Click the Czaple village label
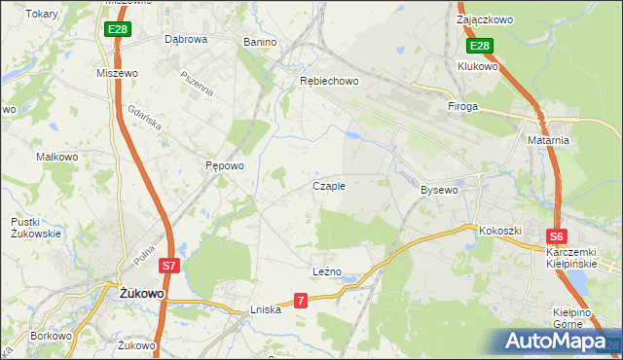[329, 186]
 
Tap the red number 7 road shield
[301, 302]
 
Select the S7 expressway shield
[168, 265]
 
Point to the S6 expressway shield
[556, 235]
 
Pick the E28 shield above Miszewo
[117, 30]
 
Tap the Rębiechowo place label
[329, 81]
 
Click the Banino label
[260, 43]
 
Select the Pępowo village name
[224, 165]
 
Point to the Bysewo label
[438, 190]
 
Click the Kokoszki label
[500, 231]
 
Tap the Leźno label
[326, 271]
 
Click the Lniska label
[265, 309]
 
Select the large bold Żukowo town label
[141, 292]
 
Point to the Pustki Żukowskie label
[36, 228]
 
